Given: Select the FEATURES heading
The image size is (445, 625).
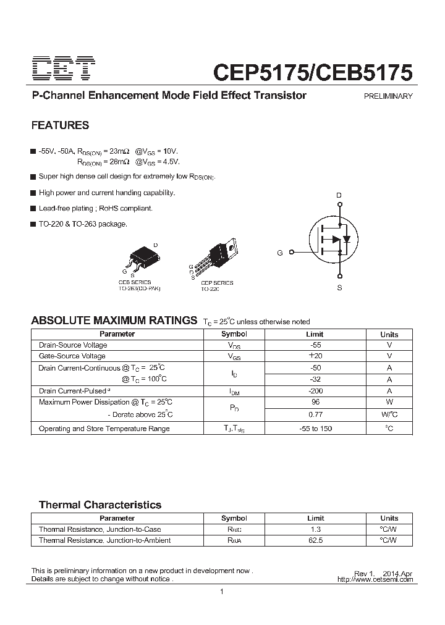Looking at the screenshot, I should tap(60, 125).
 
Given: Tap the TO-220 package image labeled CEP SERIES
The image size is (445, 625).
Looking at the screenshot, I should tap(219, 254).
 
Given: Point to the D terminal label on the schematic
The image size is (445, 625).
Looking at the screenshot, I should tap(338, 196).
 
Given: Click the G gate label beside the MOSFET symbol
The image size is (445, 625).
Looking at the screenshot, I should tap(280, 253).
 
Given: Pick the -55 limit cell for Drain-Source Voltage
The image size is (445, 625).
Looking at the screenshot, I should tap(315, 345).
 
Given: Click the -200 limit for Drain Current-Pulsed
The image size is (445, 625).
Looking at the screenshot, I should tap(315, 391).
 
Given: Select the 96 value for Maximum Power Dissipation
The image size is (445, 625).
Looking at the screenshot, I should tap(315, 402).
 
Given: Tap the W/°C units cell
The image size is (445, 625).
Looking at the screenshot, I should tap(389, 414).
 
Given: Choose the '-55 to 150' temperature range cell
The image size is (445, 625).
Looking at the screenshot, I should tap(315, 429).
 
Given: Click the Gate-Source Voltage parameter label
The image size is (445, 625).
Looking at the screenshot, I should tap(72, 356).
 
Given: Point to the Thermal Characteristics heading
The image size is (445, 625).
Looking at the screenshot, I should tap(100, 505).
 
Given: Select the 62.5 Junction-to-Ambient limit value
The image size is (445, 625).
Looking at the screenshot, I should tap(315, 540).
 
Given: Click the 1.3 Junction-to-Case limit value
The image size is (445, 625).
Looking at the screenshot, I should tap(315, 529).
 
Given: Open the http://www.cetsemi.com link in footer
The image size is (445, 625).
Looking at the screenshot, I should tap(375, 580).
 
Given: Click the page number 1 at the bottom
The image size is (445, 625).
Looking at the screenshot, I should tap(222, 593).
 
